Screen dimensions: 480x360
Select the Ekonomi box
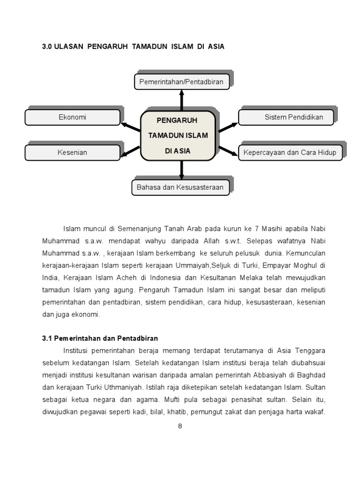[x=72, y=117]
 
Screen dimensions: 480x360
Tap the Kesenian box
[x=72, y=152]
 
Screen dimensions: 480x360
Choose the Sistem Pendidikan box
[x=286, y=117]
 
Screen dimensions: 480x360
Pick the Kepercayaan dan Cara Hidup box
[x=290, y=152]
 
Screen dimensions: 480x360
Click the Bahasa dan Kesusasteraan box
[x=180, y=187]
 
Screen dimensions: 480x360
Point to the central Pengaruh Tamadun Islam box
[x=178, y=135]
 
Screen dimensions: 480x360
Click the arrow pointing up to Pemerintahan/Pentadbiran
[x=181, y=100]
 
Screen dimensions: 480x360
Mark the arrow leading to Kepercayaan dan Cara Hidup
[x=228, y=150]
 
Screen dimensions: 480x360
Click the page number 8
[x=180, y=426]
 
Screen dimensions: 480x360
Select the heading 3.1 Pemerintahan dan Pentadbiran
[x=100, y=338]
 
